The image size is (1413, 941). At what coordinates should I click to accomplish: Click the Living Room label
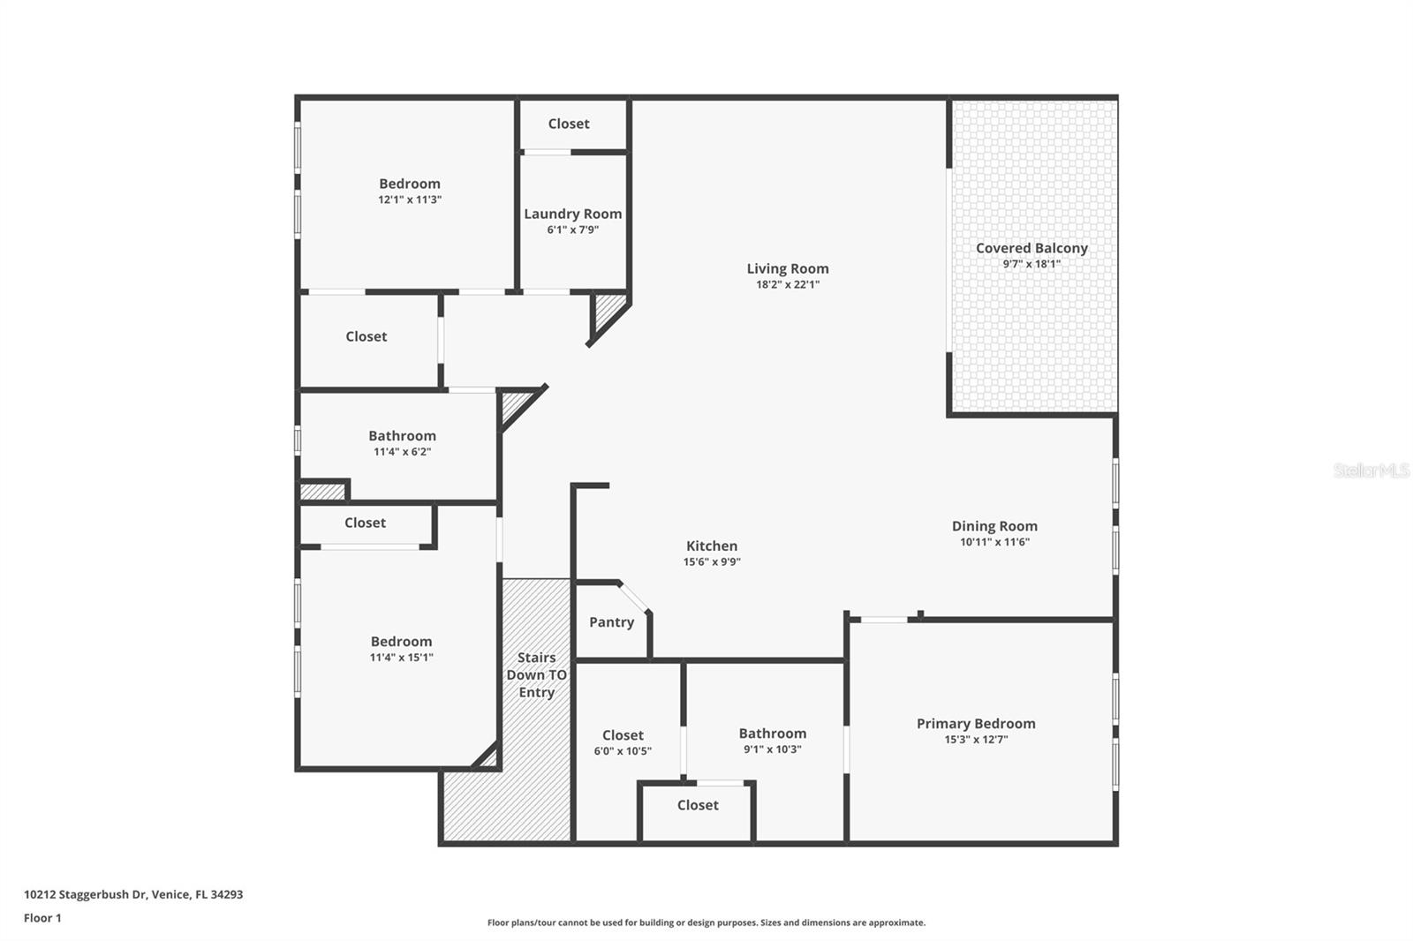(x=787, y=268)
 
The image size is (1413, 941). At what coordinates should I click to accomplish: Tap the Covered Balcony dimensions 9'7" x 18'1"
(x=1031, y=264)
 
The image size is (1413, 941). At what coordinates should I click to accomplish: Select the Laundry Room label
(x=572, y=214)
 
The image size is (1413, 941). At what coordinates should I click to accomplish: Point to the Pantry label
(x=611, y=622)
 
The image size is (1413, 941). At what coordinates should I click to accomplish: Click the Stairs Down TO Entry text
(x=536, y=675)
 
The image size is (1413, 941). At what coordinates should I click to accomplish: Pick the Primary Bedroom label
(x=975, y=724)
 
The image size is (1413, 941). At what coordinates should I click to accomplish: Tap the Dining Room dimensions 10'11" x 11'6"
(x=994, y=542)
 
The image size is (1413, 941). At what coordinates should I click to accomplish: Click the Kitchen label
(x=711, y=546)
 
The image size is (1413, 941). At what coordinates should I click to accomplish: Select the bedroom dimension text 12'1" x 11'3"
(x=409, y=199)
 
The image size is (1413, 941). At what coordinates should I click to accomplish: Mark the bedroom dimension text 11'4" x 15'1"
(x=401, y=658)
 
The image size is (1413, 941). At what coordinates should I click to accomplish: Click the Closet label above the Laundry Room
(x=568, y=124)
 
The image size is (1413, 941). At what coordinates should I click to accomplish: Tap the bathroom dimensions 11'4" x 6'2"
(x=402, y=452)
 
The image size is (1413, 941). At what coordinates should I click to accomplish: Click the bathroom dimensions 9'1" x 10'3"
(x=772, y=749)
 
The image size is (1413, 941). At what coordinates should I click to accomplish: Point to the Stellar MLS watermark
(x=1371, y=470)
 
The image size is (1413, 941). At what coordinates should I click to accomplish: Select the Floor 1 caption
(x=42, y=918)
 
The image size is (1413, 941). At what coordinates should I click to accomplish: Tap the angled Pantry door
(x=634, y=597)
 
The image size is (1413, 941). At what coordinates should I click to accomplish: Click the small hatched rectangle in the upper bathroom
(x=321, y=492)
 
